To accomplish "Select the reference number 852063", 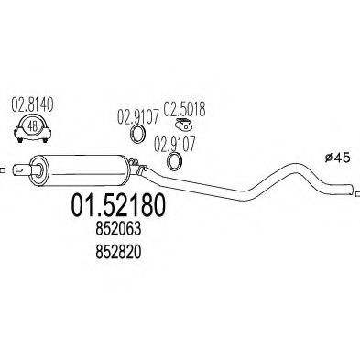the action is (x=118, y=229).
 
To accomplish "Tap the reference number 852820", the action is (x=118, y=252).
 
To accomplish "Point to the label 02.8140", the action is (x=32, y=104).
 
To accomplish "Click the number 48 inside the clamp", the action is (x=32, y=125).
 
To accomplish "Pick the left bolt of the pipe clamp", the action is (x=20, y=140).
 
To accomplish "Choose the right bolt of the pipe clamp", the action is (x=45, y=140).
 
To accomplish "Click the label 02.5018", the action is (x=184, y=109).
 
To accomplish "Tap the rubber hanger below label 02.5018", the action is (x=183, y=125).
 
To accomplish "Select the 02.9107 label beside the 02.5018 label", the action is (x=138, y=117).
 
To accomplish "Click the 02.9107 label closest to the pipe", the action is (x=174, y=145).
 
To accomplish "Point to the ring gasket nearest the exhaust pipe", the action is (x=174, y=162).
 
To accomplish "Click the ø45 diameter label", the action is (x=337, y=158).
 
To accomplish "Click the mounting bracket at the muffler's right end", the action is (x=138, y=167).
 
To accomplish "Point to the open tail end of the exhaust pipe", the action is (x=351, y=189).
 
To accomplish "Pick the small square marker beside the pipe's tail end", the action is (x=358, y=192).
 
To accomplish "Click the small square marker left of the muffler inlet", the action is (x=3, y=170).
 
